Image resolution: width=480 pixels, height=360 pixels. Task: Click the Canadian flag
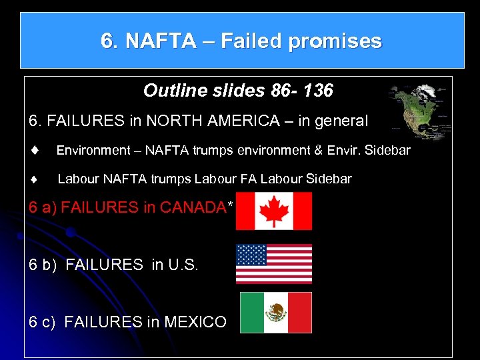(273, 211)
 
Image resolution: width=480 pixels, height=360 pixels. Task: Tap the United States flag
(273, 263)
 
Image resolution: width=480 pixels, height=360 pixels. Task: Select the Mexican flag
(275, 312)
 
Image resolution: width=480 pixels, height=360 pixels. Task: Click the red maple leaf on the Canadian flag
(273, 211)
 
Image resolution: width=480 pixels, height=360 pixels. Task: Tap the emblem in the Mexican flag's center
(275, 312)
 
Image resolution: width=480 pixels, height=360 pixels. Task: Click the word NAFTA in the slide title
(159, 41)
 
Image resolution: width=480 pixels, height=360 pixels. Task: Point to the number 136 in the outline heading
(317, 91)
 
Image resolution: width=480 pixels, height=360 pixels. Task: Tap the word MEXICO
(195, 323)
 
